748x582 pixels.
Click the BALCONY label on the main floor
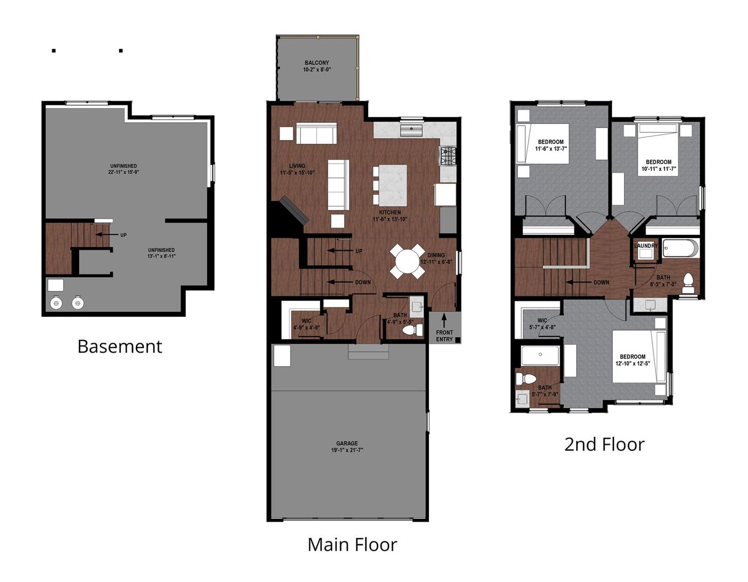click(316, 66)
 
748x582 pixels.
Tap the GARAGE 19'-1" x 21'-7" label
click(347, 447)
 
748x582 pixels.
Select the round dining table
click(409, 261)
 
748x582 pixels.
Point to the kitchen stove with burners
click(448, 156)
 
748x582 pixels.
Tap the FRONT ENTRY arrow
click(444, 320)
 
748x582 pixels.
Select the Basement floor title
click(120, 346)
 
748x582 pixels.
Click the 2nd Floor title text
click(604, 444)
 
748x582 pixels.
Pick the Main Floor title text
click(352, 544)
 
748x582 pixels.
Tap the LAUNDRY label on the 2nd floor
click(646, 246)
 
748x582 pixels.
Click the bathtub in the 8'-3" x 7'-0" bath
click(680, 248)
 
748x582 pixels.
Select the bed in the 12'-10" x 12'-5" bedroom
click(639, 356)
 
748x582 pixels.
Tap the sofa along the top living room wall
click(316, 133)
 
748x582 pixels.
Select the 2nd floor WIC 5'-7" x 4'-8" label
click(542, 323)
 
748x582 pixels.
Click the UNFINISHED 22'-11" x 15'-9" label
click(123, 169)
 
